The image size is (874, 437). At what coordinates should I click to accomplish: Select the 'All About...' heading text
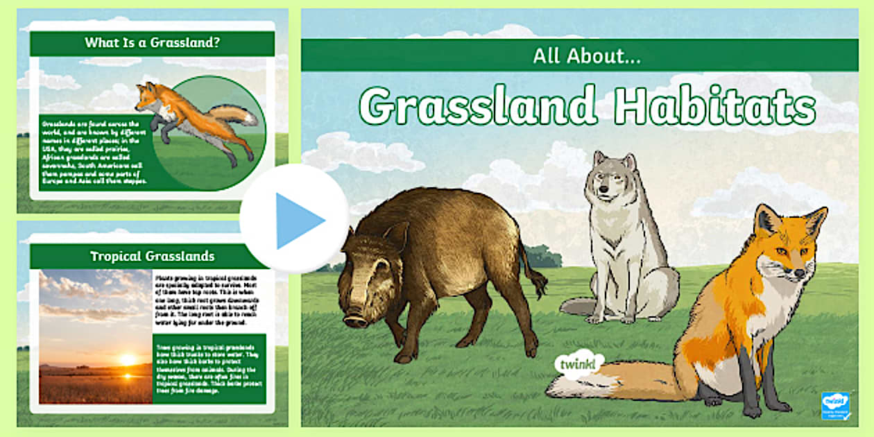click(586, 56)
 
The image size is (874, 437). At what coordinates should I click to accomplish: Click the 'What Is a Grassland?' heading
click(152, 43)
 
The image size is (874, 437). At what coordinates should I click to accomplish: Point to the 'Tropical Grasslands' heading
click(152, 256)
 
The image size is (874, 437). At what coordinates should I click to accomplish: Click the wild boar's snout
click(356, 320)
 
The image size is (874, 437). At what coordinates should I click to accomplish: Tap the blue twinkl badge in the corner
click(835, 405)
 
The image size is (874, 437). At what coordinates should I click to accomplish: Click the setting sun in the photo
click(127, 360)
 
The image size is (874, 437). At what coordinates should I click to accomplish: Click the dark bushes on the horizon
click(541, 257)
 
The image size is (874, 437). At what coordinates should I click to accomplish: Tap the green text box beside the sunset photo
click(209, 368)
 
